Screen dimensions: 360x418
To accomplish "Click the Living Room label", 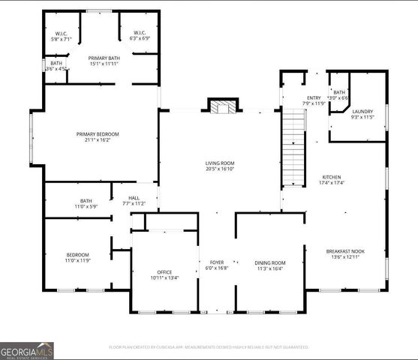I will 220,163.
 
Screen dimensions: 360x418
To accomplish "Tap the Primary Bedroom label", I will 98,134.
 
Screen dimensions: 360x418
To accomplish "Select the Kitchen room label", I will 331,178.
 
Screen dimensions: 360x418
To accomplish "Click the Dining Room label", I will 269,262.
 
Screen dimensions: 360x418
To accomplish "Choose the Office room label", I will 164,271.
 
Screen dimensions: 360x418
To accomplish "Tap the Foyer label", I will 216,262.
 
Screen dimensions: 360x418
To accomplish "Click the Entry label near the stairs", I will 314,97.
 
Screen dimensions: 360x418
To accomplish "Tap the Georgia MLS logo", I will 27,350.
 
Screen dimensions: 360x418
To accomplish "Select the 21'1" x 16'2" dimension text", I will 98,140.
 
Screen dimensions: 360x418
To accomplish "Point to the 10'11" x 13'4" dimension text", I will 164,277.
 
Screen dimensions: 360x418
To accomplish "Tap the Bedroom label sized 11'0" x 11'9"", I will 77,255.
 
